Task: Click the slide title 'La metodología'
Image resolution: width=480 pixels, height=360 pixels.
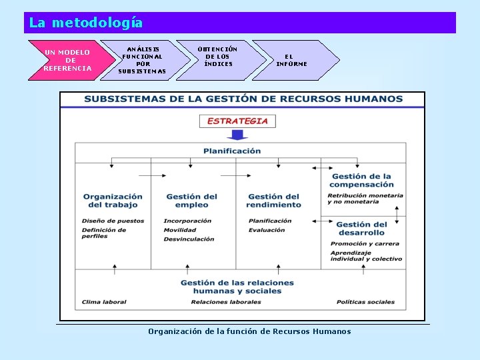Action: tap(86, 23)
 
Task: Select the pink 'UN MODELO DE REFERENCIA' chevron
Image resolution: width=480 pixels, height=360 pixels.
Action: tap(67, 60)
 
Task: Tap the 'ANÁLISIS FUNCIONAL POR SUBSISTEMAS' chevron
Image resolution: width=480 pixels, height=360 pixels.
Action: tap(141, 60)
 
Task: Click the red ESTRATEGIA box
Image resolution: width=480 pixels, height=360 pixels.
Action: tap(237, 121)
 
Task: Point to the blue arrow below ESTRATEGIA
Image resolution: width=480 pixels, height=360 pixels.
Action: tap(237, 135)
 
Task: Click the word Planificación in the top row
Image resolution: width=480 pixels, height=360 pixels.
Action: tap(232, 151)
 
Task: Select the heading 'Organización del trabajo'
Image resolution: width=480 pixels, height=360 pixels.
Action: tap(113, 201)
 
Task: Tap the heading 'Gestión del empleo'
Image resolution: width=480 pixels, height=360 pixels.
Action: tap(191, 201)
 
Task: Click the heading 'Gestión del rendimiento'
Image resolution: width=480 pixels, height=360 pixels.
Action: tap(274, 201)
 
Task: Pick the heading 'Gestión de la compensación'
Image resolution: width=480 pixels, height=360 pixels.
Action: tap(361, 181)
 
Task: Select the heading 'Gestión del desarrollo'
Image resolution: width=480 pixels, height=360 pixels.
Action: tap(361, 229)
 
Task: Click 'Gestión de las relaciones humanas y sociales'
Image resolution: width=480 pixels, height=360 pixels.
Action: tap(237, 287)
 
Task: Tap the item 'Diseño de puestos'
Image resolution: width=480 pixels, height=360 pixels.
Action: tap(113, 221)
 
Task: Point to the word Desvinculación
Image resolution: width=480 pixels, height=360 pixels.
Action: tap(189, 239)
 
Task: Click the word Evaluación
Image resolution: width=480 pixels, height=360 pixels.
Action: tap(267, 230)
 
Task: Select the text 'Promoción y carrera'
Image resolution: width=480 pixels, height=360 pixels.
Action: tap(365, 244)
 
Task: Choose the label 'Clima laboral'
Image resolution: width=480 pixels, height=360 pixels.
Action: tap(104, 302)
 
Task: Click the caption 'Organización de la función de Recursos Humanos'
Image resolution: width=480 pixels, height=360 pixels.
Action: tap(249, 331)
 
